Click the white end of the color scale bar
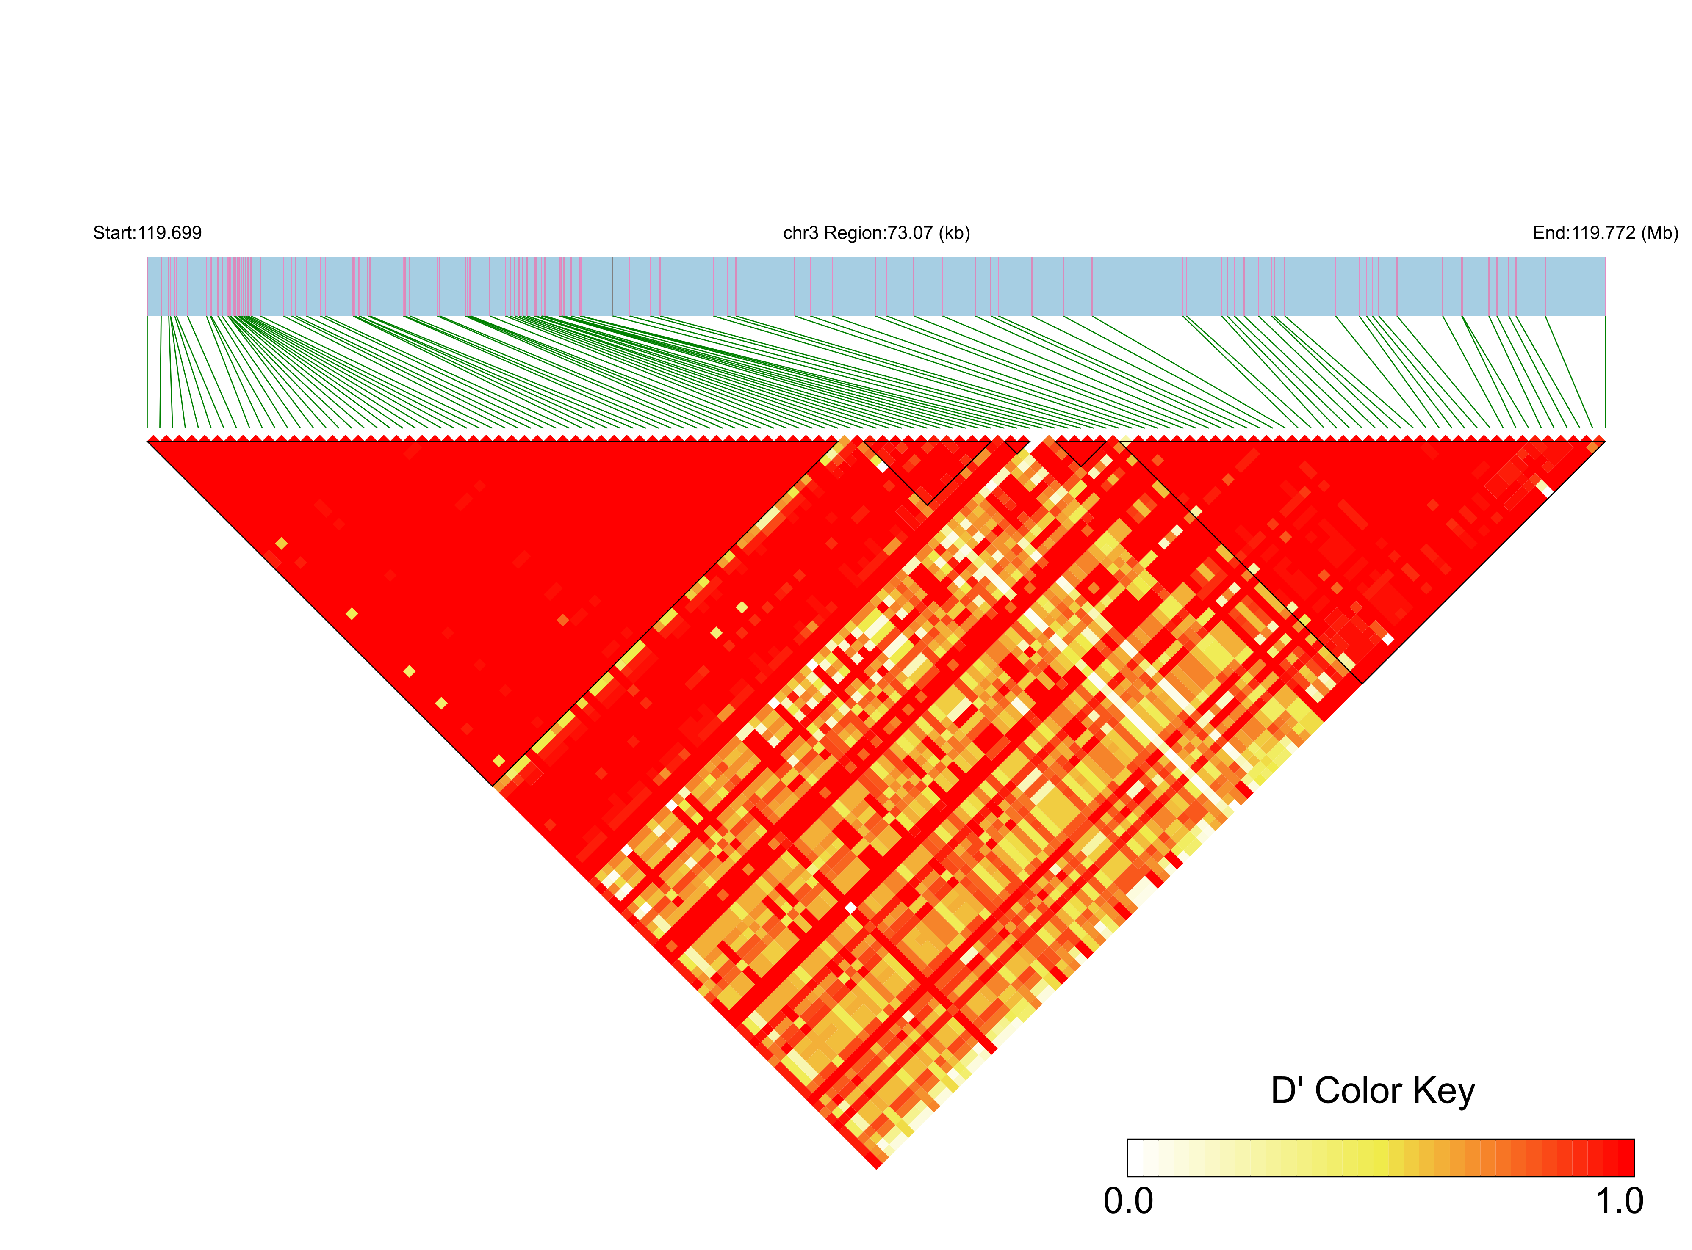pyautogui.click(x=1135, y=1158)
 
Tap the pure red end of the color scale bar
pyautogui.click(x=1626, y=1158)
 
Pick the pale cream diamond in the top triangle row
pyautogui.click(x=1126, y=438)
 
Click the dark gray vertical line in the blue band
pyautogui.click(x=612, y=286)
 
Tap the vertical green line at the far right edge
pyautogui.click(x=1605, y=371)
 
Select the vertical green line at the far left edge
pyautogui.click(x=147, y=371)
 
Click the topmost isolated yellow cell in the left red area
pyautogui.click(x=282, y=543)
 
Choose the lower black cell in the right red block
pyautogui.click(x=1387, y=639)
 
